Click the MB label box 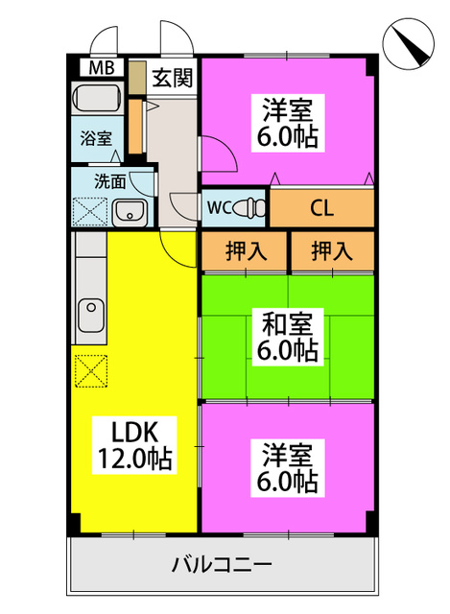pos(102,67)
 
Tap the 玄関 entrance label pos(173,77)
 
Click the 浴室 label pos(96,138)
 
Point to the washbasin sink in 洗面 pos(130,213)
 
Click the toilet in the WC pos(250,207)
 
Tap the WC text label pos(220,208)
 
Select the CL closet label pos(322,208)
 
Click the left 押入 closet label pos(247,250)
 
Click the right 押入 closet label pos(332,250)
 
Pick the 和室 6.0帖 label pos(288,337)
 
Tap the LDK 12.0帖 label pos(134,445)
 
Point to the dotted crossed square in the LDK pos(91,371)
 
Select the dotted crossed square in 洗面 pos(90,212)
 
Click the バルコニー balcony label pos(222,564)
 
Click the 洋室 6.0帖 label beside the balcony pos(288,468)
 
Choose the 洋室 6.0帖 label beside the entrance pos(288,123)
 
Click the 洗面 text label pos(110,181)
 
